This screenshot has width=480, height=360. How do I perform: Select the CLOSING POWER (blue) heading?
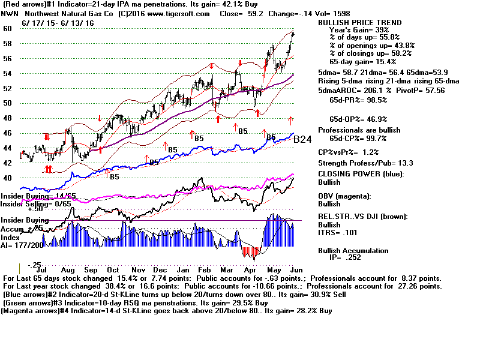tap(361, 174)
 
